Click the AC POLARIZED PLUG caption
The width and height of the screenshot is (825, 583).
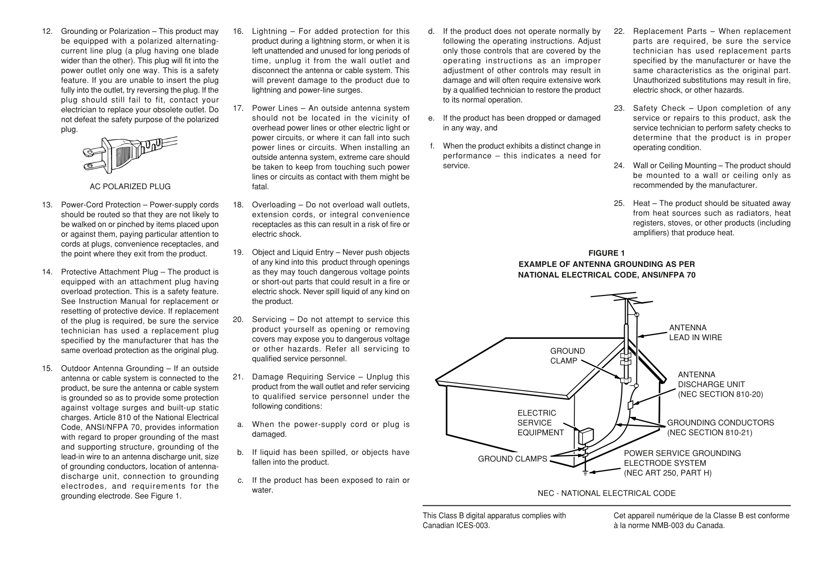tap(130, 186)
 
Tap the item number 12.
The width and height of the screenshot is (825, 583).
tap(48, 32)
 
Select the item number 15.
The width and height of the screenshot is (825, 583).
tap(48, 368)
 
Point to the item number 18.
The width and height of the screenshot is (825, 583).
tap(238, 205)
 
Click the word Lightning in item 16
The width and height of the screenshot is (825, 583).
tap(269, 32)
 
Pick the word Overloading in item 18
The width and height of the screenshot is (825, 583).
tap(274, 205)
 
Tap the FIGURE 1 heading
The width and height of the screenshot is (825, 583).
tap(606, 254)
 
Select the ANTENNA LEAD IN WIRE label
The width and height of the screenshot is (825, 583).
tap(695, 332)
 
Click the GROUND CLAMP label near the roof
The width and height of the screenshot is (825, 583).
tap(567, 356)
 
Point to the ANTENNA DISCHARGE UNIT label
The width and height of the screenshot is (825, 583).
tap(720, 384)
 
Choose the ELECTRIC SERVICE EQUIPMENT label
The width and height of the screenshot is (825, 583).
tap(540, 423)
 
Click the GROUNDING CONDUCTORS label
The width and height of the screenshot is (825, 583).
tap(720, 427)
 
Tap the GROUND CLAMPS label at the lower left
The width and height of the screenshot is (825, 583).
tap(512, 459)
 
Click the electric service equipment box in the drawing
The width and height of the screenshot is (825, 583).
tap(586, 436)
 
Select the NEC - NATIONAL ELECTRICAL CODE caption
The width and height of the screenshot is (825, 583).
tap(606, 493)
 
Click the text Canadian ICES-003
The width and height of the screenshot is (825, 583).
tap(456, 526)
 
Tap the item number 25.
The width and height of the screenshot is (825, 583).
tap(619, 203)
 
